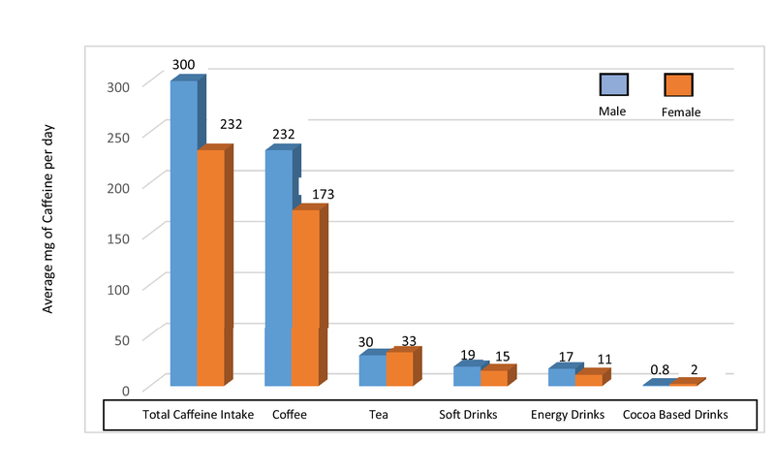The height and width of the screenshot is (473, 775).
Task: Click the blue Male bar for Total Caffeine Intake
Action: click(x=184, y=233)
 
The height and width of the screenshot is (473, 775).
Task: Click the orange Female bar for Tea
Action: click(x=399, y=367)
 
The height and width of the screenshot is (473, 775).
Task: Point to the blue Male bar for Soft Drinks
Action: click(x=467, y=375)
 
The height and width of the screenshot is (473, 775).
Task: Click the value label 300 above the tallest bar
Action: click(x=183, y=65)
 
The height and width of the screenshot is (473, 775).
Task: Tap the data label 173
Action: click(x=323, y=195)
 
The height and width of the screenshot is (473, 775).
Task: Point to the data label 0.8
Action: click(x=660, y=369)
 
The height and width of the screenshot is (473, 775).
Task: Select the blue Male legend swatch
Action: click(x=614, y=84)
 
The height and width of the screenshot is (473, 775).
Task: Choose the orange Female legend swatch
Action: click(x=679, y=84)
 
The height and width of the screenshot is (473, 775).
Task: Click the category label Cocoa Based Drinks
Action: click(x=674, y=415)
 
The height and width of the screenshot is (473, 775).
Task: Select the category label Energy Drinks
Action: click(x=568, y=415)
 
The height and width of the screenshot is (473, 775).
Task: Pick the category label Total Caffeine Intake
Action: click(x=198, y=415)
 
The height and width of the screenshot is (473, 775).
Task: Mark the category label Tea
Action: click(x=379, y=415)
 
